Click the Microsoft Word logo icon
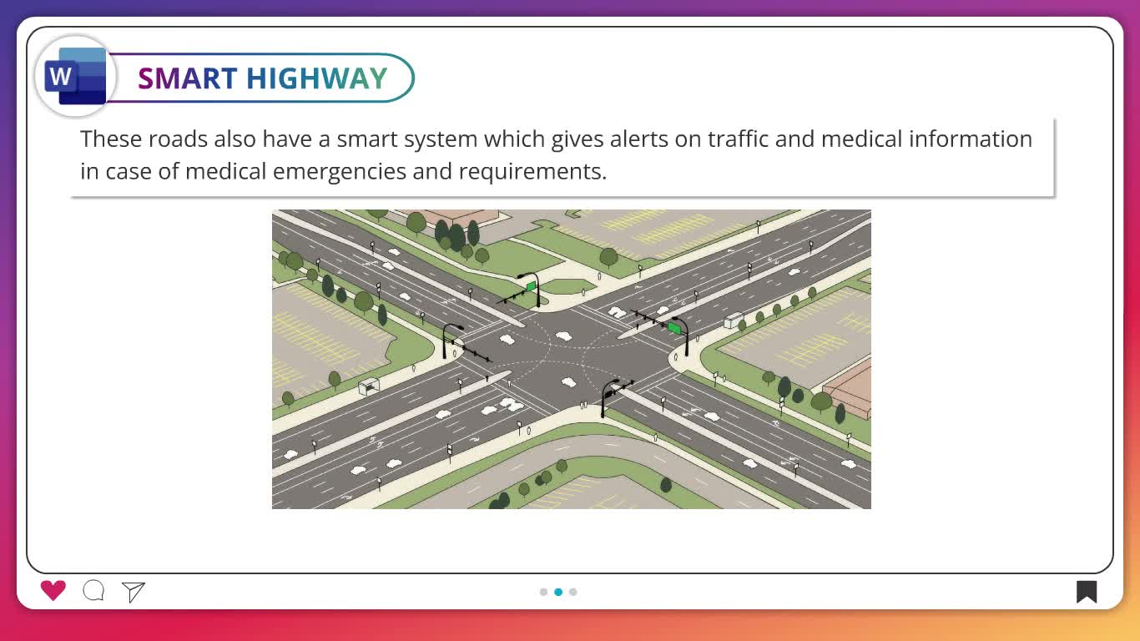coord(75,77)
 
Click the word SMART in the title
coord(187,78)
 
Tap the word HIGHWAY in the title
coord(316,78)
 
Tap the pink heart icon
coord(53,591)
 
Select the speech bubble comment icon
coord(93,591)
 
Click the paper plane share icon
coord(134,592)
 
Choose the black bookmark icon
coord(1086,592)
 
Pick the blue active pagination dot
coord(558,592)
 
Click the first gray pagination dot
coord(543,592)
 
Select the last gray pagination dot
coord(573,592)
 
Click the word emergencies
coord(340,172)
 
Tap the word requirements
coord(532,172)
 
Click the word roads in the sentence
coord(178,139)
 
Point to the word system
coord(441,140)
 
